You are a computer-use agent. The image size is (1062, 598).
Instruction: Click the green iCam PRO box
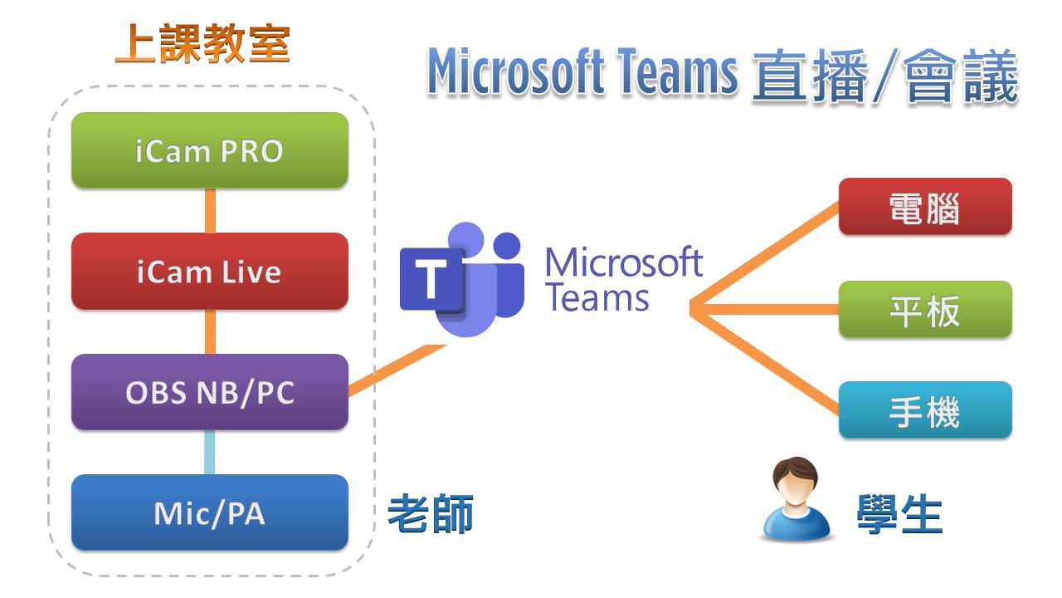(209, 150)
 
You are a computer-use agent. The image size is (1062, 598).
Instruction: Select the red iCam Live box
(209, 272)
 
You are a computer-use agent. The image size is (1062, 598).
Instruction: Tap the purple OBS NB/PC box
(209, 392)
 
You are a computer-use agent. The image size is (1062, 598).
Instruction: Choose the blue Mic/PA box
(209, 512)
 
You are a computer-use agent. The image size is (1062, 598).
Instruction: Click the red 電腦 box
(924, 207)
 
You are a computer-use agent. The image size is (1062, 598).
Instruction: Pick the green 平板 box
(924, 310)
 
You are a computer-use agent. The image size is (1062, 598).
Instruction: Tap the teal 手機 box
(924, 410)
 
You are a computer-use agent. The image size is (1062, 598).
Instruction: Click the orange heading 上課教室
(202, 44)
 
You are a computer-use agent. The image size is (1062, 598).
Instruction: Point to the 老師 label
(431, 515)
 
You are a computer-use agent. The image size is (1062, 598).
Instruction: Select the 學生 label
(899, 515)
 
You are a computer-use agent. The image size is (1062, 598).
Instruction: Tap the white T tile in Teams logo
(431, 279)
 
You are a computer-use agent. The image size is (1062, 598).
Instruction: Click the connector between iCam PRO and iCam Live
(210, 211)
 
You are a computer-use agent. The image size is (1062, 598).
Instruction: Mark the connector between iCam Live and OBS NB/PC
(210, 331)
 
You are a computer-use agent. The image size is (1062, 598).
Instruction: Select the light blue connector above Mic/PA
(210, 453)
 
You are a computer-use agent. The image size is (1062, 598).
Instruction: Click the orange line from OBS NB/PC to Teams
(397, 370)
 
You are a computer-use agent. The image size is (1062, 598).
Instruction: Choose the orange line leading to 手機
(763, 361)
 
